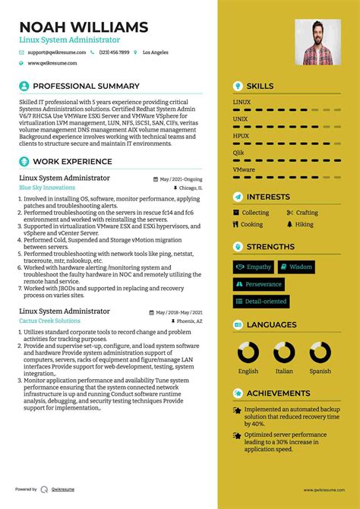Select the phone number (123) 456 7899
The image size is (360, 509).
114,52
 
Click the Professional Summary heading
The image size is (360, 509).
86,86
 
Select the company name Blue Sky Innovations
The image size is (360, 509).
47,187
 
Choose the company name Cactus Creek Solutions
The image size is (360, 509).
49,299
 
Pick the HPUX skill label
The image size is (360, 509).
241,136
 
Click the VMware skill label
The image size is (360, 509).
244,169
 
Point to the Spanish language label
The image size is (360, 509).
320,371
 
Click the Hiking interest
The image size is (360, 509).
304,225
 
